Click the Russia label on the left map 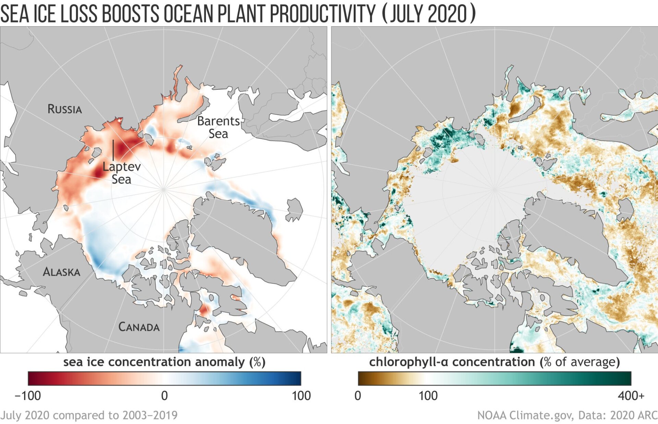point(64,109)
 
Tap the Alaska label point(61,272)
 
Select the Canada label point(139,327)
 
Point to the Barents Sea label point(218,127)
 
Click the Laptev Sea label point(122,173)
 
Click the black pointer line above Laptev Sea point(113,150)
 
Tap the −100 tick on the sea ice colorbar point(28,396)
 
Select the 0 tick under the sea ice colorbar point(164,396)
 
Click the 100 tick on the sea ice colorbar point(301,396)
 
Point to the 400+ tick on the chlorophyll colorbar point(631,396)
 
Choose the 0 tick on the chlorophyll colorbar point(358,396)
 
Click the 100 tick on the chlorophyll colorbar point(428,396)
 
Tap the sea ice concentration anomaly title point(164,362)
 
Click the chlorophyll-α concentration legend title point(494,362)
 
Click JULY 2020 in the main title point(428,14)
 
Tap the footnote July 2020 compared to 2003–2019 point(89,415)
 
